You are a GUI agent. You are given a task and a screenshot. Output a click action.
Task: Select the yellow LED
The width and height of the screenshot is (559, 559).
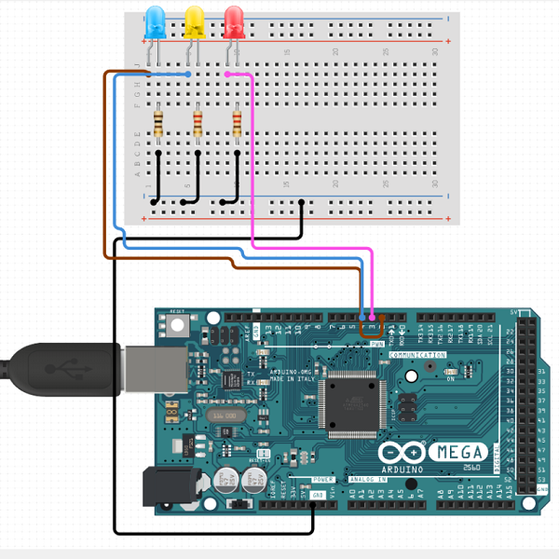click(195, 20)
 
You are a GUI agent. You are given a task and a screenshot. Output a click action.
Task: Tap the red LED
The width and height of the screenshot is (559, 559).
click(234, 20)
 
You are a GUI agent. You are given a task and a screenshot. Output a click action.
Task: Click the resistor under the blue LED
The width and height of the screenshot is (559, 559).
click(157, 122)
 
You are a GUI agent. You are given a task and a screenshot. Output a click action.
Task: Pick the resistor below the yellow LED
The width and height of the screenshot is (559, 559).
click(197, 122)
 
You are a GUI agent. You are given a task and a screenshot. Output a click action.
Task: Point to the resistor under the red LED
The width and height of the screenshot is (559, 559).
click(236, 122)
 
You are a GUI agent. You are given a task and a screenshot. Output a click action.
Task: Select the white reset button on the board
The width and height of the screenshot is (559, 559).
click(177, 326)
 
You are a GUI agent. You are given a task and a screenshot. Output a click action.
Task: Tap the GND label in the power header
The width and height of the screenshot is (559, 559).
click(319, 494)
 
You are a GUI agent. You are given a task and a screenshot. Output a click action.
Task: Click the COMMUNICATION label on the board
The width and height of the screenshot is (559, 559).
click(416, 356)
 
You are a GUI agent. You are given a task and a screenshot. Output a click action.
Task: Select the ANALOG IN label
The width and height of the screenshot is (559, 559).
click(366, 480)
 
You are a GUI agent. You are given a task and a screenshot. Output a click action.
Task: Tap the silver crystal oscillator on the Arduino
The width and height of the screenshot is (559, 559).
click(221, 415)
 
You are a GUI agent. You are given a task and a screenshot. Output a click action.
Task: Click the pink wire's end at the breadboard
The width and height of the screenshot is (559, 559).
click(228, 74)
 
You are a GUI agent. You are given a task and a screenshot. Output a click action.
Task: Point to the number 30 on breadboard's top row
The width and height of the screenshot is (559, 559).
click(435, 51)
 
